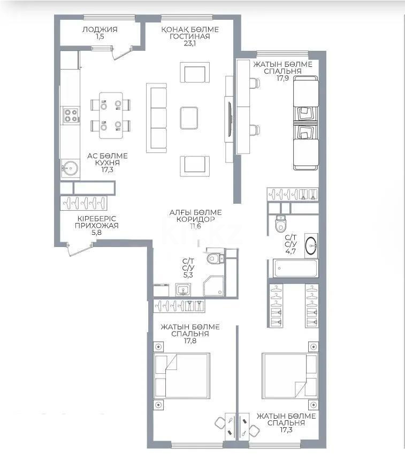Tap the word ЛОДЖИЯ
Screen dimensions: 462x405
(100, 30)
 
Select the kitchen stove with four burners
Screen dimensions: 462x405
(71, 116)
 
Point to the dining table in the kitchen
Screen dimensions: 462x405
(111, 112)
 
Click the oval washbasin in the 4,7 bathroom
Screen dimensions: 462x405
(311, 246)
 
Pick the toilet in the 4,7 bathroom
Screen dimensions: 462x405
(280, 224)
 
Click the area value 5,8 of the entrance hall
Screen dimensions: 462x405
(97, 233)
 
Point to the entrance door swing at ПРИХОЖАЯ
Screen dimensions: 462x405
(78, 250)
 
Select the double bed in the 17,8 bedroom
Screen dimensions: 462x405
(181, 380)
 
